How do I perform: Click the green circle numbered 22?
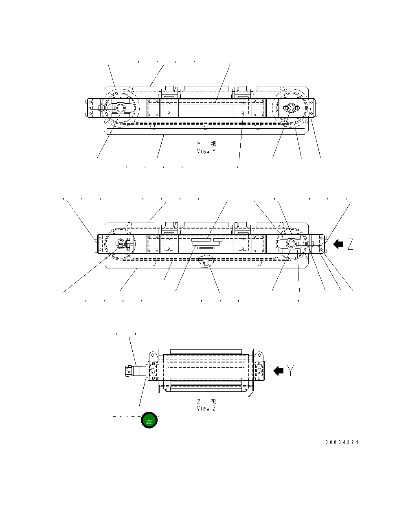(149, 421)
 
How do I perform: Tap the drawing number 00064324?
(342, 442)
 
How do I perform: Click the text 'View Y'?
(206, 151)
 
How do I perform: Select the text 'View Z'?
(206, 408)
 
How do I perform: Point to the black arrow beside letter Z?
(338, 244)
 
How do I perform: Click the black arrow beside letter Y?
(279, 371)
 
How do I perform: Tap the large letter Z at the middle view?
(350, 244)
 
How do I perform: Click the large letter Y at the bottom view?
(290, 371)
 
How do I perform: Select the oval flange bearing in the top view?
(291, 108)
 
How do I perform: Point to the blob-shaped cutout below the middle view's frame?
(206, 262)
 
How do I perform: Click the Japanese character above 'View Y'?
(213, 144)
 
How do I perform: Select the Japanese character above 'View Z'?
(213, 401)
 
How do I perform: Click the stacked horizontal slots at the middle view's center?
(206, 244)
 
